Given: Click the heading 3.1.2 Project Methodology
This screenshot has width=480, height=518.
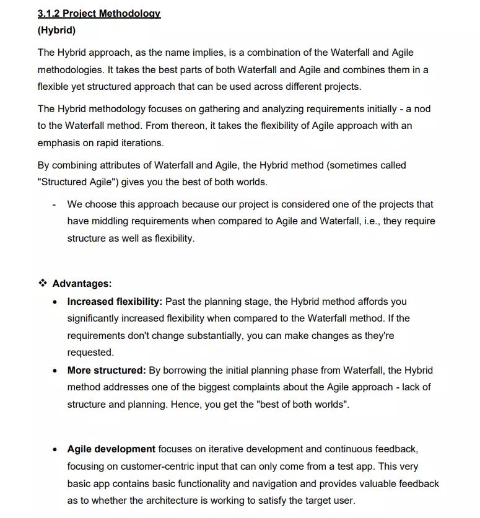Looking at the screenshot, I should tap(99, 13).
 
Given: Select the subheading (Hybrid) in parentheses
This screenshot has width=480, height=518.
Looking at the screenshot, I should tap(56, 30).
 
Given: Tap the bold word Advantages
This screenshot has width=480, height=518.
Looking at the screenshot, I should tap(82, 283).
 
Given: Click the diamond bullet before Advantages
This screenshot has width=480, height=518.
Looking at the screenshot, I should tap(43, 283).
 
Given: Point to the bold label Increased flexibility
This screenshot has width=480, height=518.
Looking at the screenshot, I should tap(115, 302).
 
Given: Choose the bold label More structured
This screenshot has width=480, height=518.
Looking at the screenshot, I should tap(107, 371).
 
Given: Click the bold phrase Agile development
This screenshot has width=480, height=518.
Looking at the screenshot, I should tap(111, 449).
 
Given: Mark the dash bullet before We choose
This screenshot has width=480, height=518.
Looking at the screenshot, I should tap(55, 204).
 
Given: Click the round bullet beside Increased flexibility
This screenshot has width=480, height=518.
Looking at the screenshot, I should tap(56, 302).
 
